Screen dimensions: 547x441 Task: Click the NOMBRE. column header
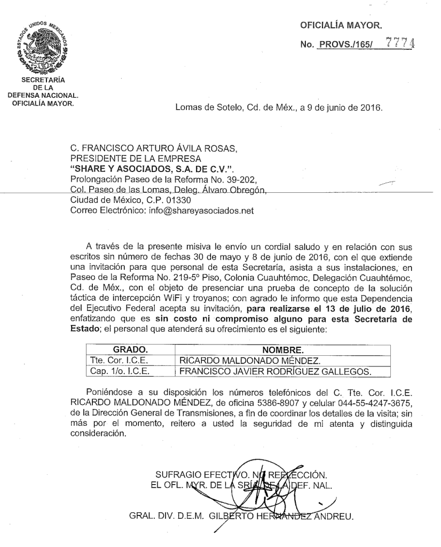[282, 351]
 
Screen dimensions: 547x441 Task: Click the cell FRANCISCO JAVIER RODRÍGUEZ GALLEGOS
[275, 371]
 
